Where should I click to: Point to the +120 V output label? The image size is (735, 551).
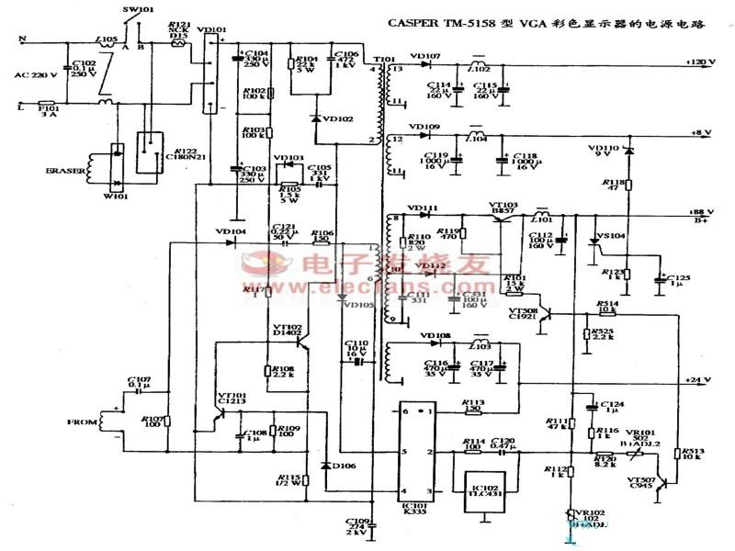pyautogui.click(x=700, y=62)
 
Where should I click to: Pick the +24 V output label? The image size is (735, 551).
pyautogui.click(x=702, y=379)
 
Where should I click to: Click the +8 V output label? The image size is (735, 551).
pyautogui.click(x=702, y=132)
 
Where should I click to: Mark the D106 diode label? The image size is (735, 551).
pyautogui.click(x=344, y=466)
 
